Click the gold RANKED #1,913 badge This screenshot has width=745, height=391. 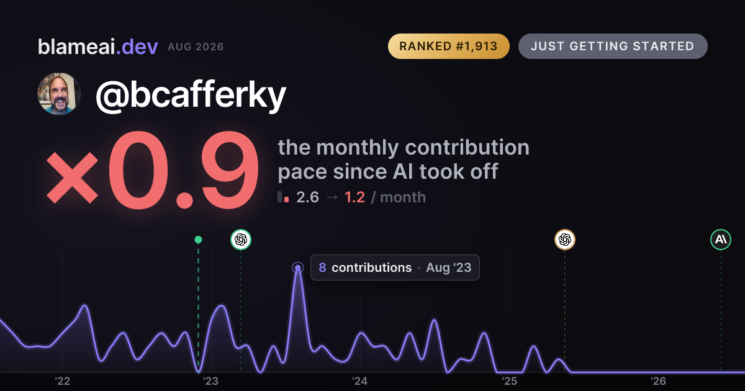(449, 46)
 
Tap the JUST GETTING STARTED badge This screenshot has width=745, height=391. (613, 46)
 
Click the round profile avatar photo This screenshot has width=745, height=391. (59, 94)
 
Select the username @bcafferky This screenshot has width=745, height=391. (191, 95)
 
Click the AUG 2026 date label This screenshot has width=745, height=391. (196, 47)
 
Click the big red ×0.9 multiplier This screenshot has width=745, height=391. (153, 170)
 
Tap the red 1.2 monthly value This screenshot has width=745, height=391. (354, 197)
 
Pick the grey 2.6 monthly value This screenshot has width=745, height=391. (308, 197)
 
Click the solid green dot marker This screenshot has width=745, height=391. (198, 240)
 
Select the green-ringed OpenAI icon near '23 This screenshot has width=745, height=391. (241, 240)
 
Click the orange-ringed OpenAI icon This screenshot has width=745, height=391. (565, 240)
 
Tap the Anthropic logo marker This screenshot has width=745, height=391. (721, 240)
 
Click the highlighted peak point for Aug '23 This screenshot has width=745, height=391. (297, 267)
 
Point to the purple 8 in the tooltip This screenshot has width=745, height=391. (322, 267)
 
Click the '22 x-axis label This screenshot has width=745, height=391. (62, 381)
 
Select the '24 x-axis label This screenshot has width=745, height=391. (360, 381)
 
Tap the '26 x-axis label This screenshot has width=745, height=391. (658, 381)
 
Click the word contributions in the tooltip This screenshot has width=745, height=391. (371, 267)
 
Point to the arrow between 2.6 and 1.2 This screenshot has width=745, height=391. (332, 197)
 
